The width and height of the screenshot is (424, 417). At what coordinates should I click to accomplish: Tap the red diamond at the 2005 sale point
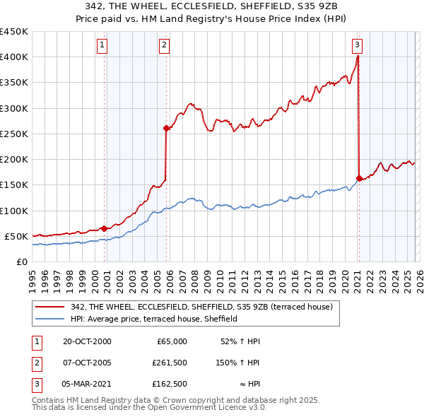tap(167, 128)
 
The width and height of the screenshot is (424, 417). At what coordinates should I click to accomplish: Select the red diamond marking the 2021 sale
tap(359, 178)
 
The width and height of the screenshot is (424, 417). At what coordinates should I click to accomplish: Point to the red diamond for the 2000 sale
tap(105, 228)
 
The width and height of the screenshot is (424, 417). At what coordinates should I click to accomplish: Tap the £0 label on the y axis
tap(20, 262)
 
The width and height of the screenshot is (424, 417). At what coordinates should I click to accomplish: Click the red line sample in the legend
tap(50, 307)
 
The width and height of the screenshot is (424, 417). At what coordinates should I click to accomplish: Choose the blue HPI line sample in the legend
tap(50, 319)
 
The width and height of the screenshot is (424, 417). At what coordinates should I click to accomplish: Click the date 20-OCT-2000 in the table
tap(87, 341)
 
